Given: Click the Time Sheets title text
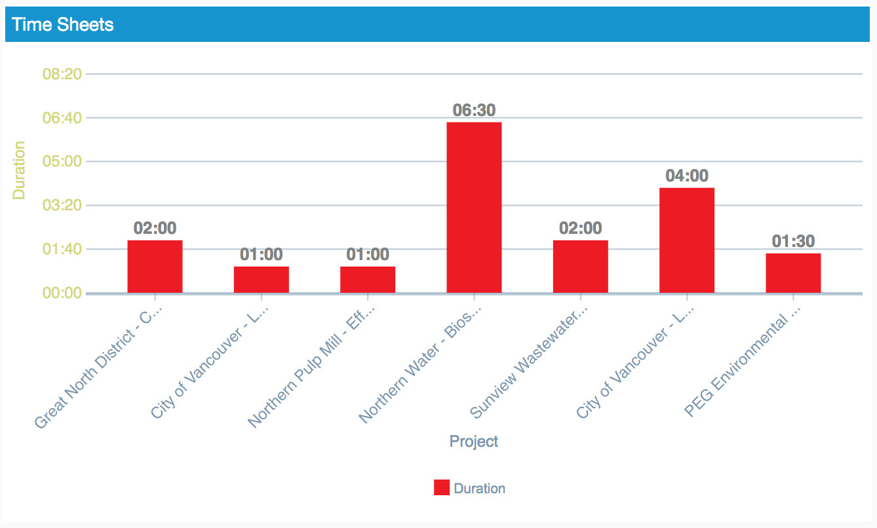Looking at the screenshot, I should pyautogui.click(x=63, y=25).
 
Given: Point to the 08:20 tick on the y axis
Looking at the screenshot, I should pyautogui.click(x=62, y=74).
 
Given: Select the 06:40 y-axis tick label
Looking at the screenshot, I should pyautogui.click(x=62, y=118).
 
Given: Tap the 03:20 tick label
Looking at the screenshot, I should pyautogui.click(x=62, y=205).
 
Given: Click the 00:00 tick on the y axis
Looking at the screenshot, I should pyautogui.click(x=62, y=293).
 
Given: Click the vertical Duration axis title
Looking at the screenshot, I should pyautogui.click(x=20, y=170).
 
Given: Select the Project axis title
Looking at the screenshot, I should pyautogui.click(x=474, y=441).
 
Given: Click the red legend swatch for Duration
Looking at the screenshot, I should pyautogui.click(x=442, y=487).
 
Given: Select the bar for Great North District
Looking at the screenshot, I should pyautogui.click(x=155, y=267).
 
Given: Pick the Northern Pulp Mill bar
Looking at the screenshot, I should pyautogui.click(x=368, y=280).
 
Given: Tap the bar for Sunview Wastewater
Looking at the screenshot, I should pyautogui.click(x=580, y=267).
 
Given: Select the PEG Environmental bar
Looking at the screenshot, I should pyautogui.click(x=793, y=273).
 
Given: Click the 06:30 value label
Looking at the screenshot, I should pyautogui.click(x=474, y=111).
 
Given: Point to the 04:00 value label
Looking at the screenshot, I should pyautogui.click(x=687, y=176).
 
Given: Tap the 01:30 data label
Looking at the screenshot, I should pyautogui.click(x=793, y=242).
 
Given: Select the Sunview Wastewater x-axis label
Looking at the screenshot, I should pyautogui.click(x=530, y=364).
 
